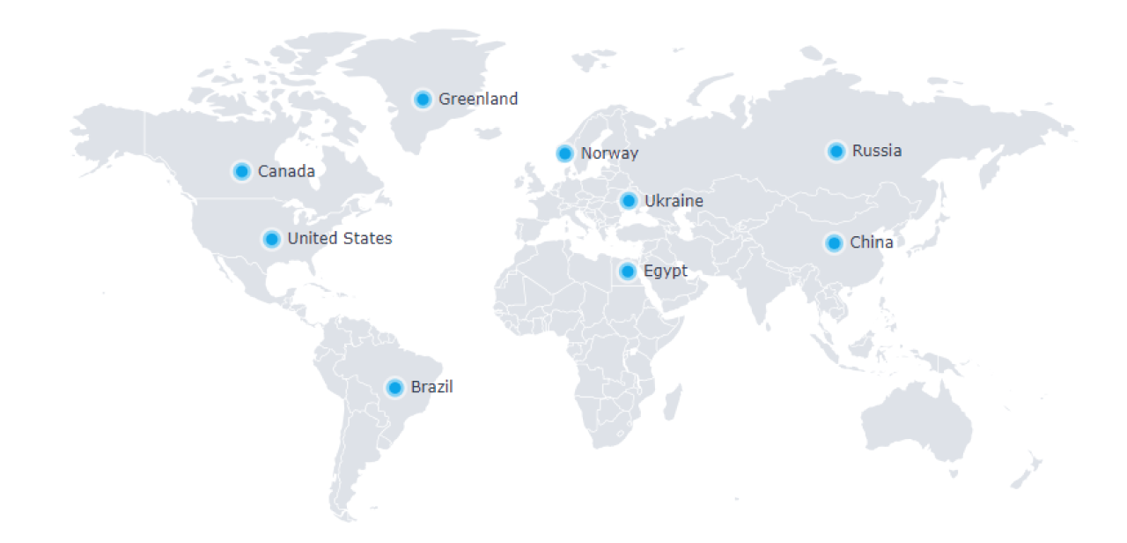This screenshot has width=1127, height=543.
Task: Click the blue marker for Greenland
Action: point(423,100)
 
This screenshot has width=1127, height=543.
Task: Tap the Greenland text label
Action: point(478,99)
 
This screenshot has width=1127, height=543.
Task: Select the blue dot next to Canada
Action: point(241,171)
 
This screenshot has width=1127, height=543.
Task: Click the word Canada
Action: point(286,171)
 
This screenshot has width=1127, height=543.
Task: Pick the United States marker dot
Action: point(271,239)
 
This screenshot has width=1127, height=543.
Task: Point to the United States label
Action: point(340,238)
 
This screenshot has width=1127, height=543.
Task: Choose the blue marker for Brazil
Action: point(395,387)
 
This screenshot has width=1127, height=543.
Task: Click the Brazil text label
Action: point(431,387)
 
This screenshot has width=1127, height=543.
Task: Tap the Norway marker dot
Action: point(565,153)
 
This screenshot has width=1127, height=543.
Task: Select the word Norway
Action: point(609,153)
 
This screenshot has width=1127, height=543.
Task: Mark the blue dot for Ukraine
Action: point(628,201)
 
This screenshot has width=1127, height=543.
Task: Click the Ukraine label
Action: point(674,201)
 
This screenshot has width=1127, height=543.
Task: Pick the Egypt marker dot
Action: point(628,271)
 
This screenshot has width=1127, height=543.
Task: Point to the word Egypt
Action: point(666,271)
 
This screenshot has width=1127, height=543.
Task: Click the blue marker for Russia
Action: point(836,152)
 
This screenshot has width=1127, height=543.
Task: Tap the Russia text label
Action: point(877,151)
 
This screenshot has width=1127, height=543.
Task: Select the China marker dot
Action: point(834,242)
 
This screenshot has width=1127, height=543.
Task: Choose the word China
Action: point(872,242)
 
